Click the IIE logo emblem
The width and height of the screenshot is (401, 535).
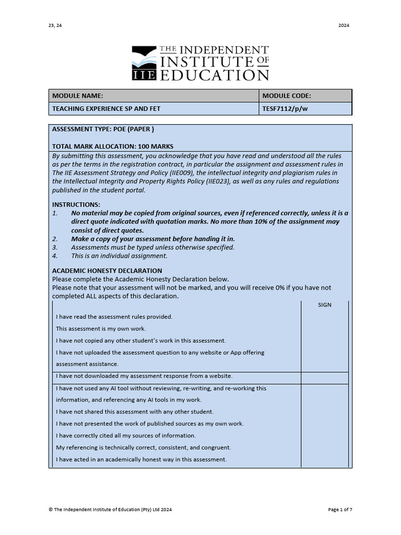[144, 63]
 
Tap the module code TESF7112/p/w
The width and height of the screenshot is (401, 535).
[286, 109]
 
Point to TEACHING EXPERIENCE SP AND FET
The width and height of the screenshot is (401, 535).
[106, 109]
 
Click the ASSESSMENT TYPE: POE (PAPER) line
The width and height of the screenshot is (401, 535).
[103, 129]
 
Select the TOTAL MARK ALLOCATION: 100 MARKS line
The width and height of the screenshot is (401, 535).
[113, 146]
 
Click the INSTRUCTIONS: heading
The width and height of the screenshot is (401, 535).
[76, 204]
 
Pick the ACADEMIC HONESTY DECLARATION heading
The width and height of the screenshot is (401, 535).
[107, 271]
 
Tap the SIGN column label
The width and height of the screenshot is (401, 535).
[324, 305]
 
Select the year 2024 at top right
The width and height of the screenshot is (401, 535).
[344, 26]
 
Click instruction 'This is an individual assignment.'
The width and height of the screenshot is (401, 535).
[119, 256]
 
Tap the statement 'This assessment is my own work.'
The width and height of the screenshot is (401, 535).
[101, 329]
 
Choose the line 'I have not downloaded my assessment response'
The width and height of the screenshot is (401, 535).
[144, 376]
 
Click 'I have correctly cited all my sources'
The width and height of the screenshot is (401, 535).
[126, 436]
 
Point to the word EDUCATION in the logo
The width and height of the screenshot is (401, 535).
[214, 75]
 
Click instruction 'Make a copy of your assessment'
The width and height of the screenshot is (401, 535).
[153, 239]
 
